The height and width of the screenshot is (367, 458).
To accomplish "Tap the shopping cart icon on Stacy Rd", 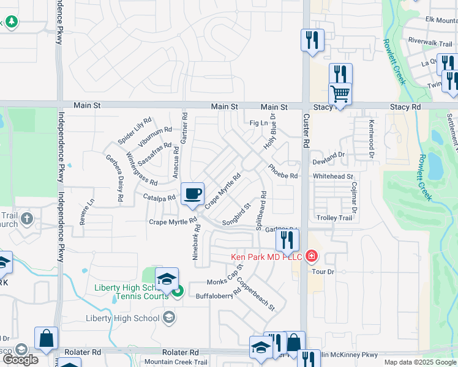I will (340, 94).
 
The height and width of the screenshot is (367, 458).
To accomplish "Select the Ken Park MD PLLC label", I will (266, 256).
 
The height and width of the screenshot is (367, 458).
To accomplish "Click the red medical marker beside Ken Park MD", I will (311, 255).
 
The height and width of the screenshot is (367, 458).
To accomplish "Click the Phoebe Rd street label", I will (282, 171).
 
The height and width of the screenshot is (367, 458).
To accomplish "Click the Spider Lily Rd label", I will (134, 130).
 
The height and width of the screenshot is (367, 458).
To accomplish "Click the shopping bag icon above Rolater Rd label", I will (46, 338).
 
